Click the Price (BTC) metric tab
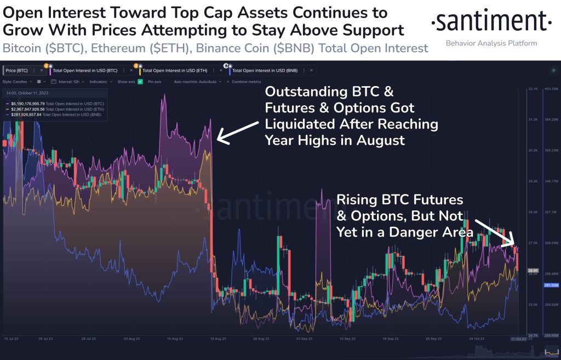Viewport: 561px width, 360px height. click(16, 71)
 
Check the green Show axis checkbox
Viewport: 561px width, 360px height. click(140, 82)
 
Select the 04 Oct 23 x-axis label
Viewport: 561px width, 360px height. click(470, 339)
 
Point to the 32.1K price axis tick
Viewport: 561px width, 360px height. click(532, 88)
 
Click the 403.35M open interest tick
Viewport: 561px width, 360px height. click(550, 88)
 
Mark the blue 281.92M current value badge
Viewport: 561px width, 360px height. click(551, 285)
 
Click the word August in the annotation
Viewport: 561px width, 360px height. click(381, 140)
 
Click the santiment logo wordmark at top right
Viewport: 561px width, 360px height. click(491, 22)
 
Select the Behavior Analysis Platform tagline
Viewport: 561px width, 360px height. click(491, 43)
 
